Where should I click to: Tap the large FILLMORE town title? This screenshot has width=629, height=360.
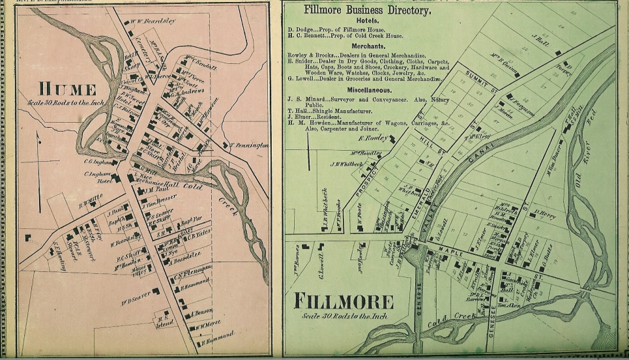click(344, 301)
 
